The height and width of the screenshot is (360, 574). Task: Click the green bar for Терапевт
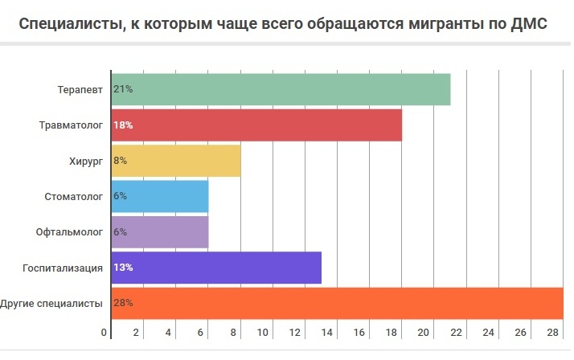[281, 89]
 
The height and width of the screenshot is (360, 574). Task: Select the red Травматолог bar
[257, 125]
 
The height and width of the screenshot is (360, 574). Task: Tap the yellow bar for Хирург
[177, 161]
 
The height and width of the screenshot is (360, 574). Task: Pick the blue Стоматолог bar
[161, 196]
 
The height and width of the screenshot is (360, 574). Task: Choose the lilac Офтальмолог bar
[161, 231]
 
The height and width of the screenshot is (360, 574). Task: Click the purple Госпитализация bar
[217, 267]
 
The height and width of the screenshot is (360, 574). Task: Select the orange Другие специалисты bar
[338, 303]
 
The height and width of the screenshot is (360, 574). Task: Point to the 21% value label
[123, 89]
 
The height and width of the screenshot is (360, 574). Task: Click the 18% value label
[123, 125]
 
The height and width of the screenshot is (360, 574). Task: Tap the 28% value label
[123, 303]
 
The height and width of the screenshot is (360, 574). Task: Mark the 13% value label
[123, 267]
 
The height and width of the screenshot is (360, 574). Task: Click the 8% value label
[121, 161]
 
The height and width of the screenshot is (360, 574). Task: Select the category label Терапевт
[80, 89]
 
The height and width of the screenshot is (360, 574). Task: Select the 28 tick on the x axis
[552, 332]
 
